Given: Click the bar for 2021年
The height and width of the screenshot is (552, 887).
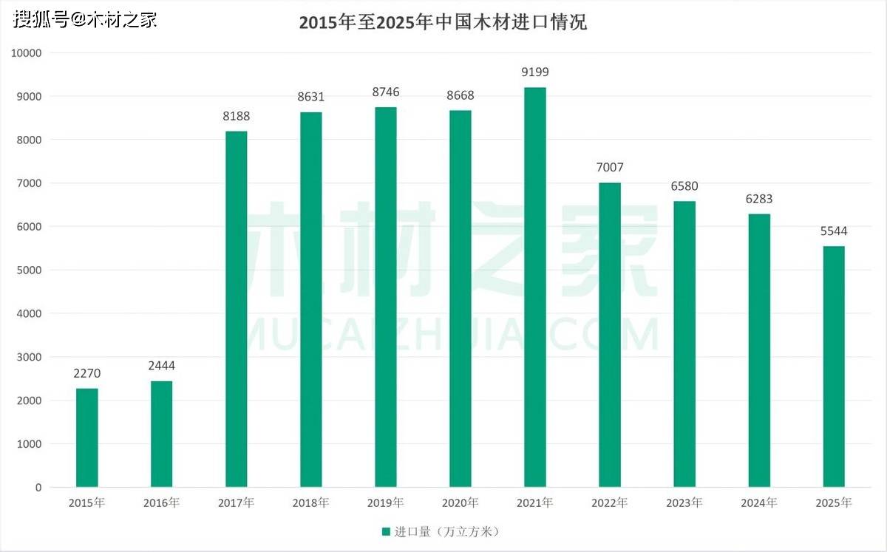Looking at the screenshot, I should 534,287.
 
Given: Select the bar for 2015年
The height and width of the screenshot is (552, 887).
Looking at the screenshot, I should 86,437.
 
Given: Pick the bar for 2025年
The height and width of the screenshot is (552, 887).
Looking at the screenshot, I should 833,367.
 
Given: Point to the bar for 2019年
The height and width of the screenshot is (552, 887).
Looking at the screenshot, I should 385,297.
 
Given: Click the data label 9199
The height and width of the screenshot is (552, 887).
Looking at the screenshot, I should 534,72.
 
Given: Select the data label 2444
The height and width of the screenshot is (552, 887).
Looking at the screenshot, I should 161,366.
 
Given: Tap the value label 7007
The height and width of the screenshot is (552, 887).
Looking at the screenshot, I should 610,168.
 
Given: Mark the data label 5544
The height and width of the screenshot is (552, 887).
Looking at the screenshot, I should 833,231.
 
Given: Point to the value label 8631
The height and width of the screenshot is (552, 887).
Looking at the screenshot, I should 310,97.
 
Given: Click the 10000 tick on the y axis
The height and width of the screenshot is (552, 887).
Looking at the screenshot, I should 27,53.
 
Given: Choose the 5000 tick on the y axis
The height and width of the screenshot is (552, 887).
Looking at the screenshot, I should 30,270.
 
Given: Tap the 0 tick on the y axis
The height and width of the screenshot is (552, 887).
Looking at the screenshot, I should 38,488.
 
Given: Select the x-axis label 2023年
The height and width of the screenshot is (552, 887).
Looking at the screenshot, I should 684,503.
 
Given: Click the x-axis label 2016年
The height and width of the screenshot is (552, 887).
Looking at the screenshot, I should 161,503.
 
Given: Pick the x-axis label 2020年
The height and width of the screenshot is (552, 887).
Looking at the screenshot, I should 460,503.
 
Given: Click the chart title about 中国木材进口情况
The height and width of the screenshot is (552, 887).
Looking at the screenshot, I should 443,22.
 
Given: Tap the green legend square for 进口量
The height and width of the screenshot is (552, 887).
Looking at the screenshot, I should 385,531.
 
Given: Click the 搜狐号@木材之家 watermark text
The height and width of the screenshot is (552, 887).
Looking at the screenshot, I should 86,19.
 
